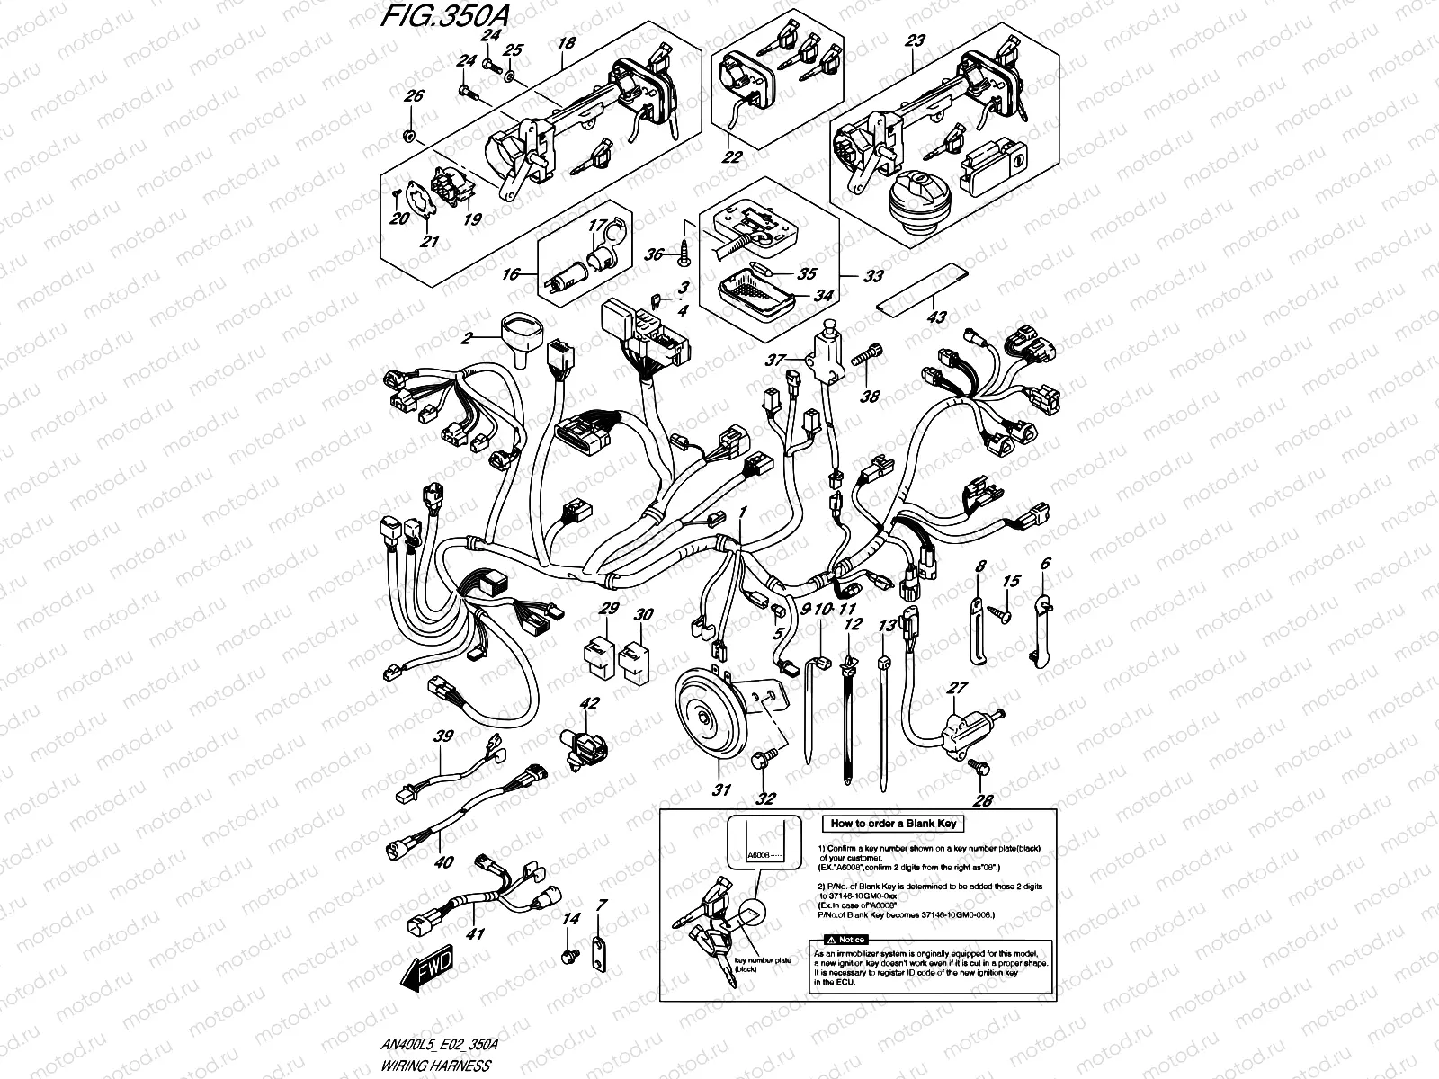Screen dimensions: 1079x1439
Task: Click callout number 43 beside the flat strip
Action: (936, 317)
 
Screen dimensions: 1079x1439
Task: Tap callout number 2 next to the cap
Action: (467, 340)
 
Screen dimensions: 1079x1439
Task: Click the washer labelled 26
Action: (410, 136)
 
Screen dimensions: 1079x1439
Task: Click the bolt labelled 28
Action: (979, 767)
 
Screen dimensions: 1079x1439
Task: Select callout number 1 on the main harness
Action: (743, 513)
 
